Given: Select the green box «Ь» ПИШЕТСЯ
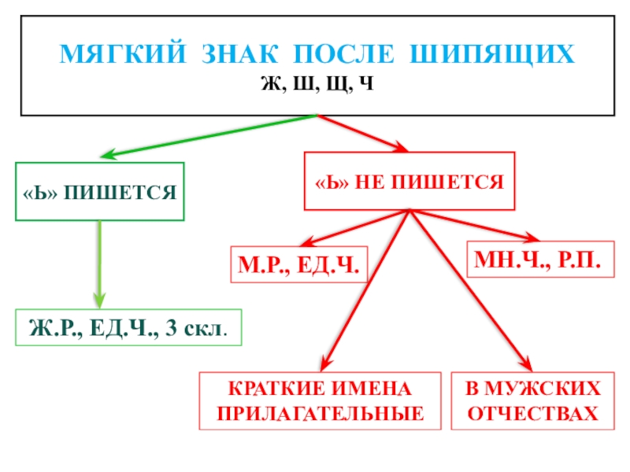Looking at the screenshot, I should tap(100, 191).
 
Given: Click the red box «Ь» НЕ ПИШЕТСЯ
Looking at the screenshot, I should tap(409, 181).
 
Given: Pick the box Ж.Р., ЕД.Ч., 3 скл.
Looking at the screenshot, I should tap(129, 328).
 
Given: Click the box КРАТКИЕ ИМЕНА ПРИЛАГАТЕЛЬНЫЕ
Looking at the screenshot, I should tap(321, 400).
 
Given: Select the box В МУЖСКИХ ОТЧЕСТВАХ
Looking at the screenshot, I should tap(533, 400).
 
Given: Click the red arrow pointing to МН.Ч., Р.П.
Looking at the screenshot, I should tap(472, 225).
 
